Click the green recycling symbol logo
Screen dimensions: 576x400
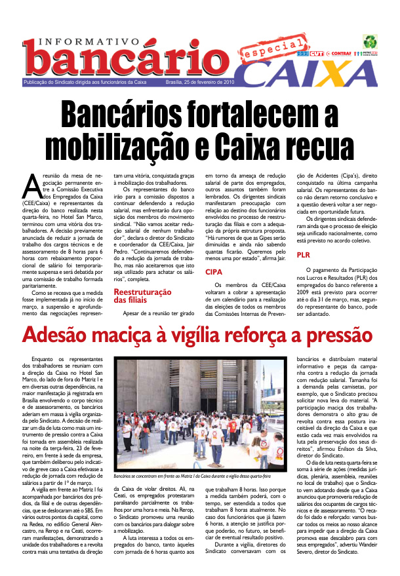point(370,41)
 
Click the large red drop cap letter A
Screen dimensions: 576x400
point(32,186)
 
